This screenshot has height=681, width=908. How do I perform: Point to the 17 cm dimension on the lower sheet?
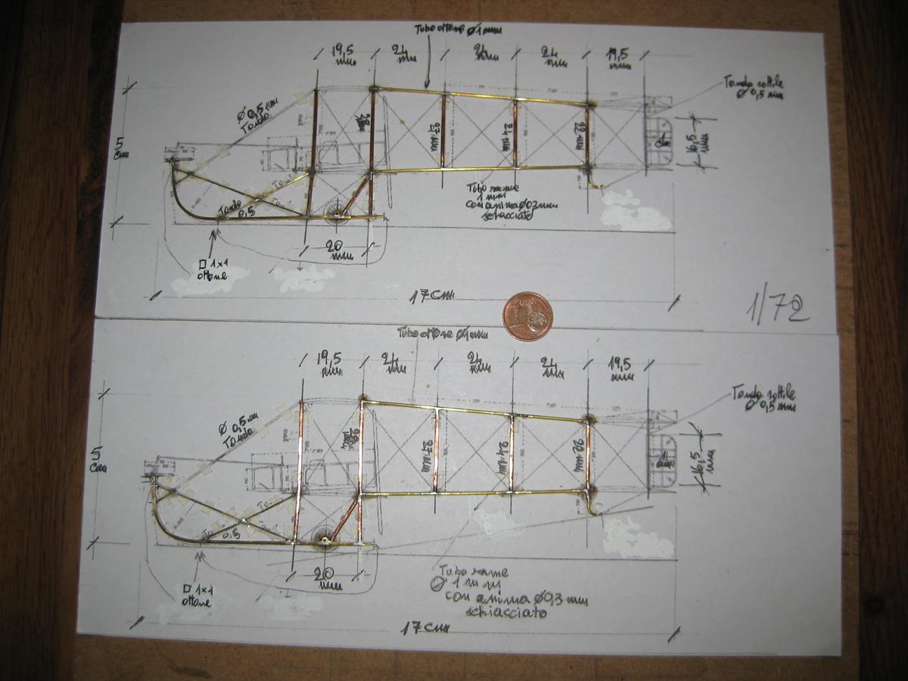point(423,627)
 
